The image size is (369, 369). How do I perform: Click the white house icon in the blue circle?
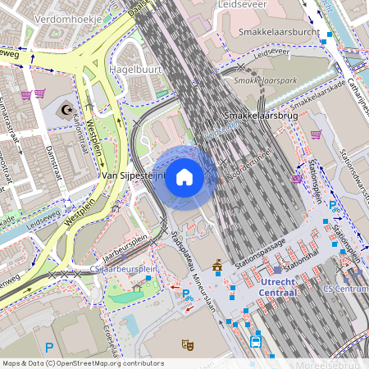click(x=184, y=177)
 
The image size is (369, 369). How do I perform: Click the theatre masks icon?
click(x=187, y=344)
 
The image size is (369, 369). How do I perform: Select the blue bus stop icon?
click(x=256, y=340)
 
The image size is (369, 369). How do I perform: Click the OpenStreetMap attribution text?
click(x=83, y=362)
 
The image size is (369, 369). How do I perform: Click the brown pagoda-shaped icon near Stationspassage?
click(x=218, y=265)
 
